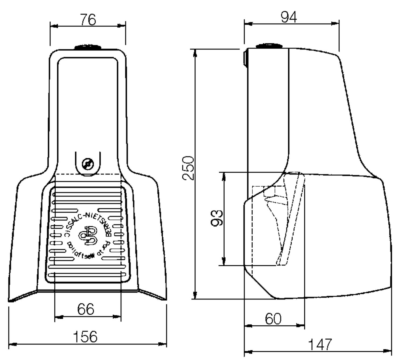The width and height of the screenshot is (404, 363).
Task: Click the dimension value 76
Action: [x=88, y=20]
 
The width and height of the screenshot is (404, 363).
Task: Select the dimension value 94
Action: [x=289, y=17]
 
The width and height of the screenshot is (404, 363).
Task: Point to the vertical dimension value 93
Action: [x=217, y=218]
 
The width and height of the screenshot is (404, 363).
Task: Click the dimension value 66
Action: [x=86, y=309]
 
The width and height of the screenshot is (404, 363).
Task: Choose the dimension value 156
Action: [x=85, y=337]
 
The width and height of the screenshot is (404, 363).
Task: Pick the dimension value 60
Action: [x=273, y=319]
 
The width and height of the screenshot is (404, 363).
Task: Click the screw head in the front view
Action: [x=88, y=164]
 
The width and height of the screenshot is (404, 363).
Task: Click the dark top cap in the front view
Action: [x=88, y=48]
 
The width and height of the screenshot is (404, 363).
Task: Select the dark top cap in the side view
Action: [x=269, y=46]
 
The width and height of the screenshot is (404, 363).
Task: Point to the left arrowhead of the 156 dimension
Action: [x=12, y=344]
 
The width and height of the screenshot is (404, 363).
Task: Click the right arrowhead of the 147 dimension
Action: [x=388, y=351]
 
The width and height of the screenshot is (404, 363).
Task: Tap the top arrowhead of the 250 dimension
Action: [x=195, y=52]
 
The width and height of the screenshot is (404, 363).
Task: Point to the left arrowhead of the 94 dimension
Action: [x=248, y=24]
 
